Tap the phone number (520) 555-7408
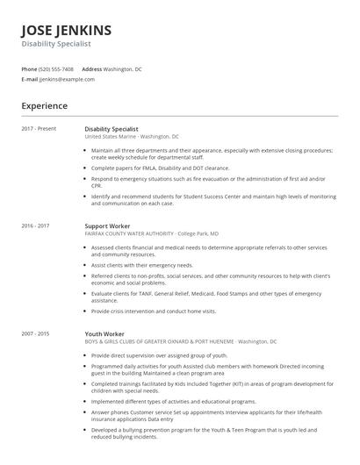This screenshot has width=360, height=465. [x=57, y=68]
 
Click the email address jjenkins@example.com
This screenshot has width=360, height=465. [x=67, y=79]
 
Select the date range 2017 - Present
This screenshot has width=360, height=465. [x=39, y=129]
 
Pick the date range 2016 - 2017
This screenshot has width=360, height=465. [x=36, y=226]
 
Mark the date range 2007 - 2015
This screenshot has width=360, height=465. [x=36, y=333]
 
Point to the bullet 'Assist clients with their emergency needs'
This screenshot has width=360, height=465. [x=142, y=265]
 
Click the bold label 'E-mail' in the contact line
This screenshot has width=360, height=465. [x=30, y=79]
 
